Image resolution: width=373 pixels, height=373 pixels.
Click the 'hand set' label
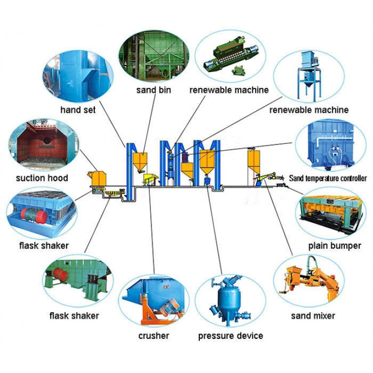point(78,110)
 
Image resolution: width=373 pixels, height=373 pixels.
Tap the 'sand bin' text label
point(153,90)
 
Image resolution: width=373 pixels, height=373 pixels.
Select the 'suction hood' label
point(42,178)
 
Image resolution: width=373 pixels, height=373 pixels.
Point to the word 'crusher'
point(153,336)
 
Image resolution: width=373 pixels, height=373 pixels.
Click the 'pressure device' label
point(231,336)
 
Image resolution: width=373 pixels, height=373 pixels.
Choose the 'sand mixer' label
point(313,316)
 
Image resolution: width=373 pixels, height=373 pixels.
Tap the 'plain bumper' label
point(335,246)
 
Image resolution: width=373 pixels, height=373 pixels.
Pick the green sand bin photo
point(153,57)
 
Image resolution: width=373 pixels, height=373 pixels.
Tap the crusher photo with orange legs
point(154,302)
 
